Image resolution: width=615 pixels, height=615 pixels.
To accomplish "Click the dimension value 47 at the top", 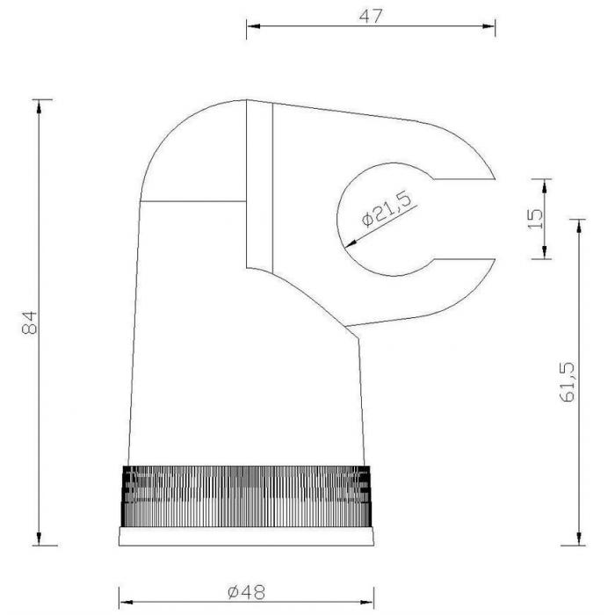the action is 370,16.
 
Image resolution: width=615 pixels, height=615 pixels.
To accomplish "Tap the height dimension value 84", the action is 29,322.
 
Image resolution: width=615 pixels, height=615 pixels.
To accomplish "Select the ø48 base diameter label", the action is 246,592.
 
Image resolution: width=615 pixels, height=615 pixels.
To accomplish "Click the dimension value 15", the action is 535,219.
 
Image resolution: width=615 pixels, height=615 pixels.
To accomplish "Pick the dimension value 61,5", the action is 567,382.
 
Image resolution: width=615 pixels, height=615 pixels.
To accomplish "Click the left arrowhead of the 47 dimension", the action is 253,26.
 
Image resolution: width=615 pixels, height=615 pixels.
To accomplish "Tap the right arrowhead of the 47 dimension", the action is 488,26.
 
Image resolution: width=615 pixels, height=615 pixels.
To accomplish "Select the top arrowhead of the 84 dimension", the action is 39,106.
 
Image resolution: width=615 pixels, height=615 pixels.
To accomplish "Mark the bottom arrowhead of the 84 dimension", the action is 39,539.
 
